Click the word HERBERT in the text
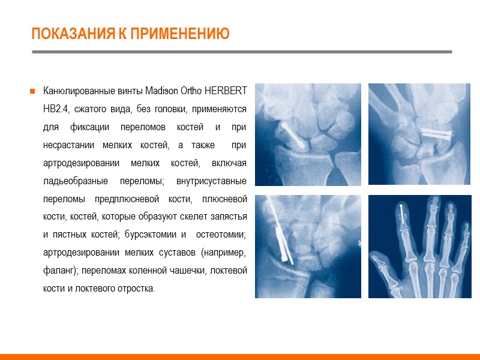(x=226, y=92)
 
